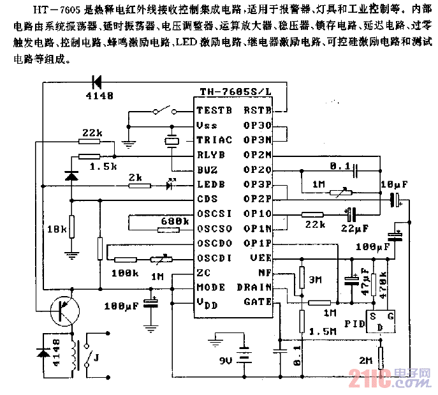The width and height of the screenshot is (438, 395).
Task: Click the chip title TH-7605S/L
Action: click(235, 91)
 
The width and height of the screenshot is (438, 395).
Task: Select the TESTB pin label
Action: click(215, 110)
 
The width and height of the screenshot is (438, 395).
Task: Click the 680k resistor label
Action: click(175, 221)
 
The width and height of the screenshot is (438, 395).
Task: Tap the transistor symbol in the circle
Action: click(63, 308)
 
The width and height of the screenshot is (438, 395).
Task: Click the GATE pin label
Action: click(258, 301)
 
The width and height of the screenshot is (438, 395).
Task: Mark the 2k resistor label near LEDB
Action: click(134, 177)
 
